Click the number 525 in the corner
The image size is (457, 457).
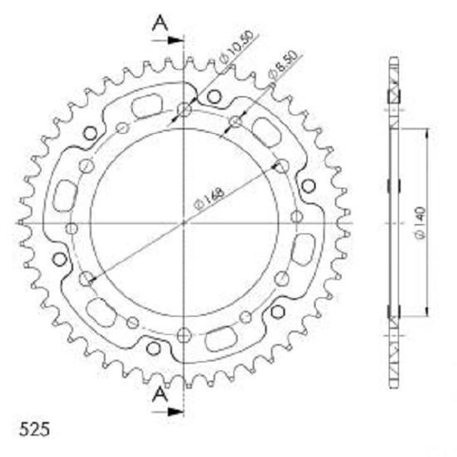point(34,430)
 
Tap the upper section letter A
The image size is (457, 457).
point(160,23)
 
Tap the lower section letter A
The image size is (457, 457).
point(160,396)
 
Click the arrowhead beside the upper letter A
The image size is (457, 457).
point(176,41)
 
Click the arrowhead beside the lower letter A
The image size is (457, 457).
point(176,412)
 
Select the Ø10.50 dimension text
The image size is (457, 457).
point(235,47)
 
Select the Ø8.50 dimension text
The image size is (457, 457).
point(283,66)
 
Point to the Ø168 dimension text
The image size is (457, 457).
point(209,199)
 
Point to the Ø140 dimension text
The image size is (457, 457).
point(420,224)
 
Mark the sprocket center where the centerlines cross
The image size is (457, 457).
point(184,224)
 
